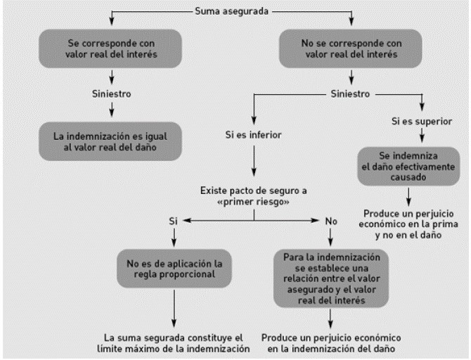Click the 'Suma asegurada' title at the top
coord(231,11)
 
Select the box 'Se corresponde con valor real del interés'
coord(110,49)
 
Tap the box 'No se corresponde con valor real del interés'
coord(351,49)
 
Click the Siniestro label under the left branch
coord(112,94)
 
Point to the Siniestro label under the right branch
coord(350,94)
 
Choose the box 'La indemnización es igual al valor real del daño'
coord(110,141)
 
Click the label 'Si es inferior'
coord(254,134)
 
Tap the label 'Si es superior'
coord(422,121)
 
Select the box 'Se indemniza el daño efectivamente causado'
coord(408,166)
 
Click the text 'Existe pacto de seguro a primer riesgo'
coord(254,196)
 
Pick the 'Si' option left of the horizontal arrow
coord(173,221)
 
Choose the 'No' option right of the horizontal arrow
coord(331,221)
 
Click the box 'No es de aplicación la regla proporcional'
coord(174,269)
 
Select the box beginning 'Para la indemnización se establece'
coord(331,278)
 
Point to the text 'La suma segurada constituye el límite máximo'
coord(174,343)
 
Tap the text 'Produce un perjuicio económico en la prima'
coord(408,224)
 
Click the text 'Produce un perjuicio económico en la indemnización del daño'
coord(331,343)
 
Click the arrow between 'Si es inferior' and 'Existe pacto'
coord(254,161)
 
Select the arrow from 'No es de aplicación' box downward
coord(174,309)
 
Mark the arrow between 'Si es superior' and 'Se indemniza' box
coord(422,135)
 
